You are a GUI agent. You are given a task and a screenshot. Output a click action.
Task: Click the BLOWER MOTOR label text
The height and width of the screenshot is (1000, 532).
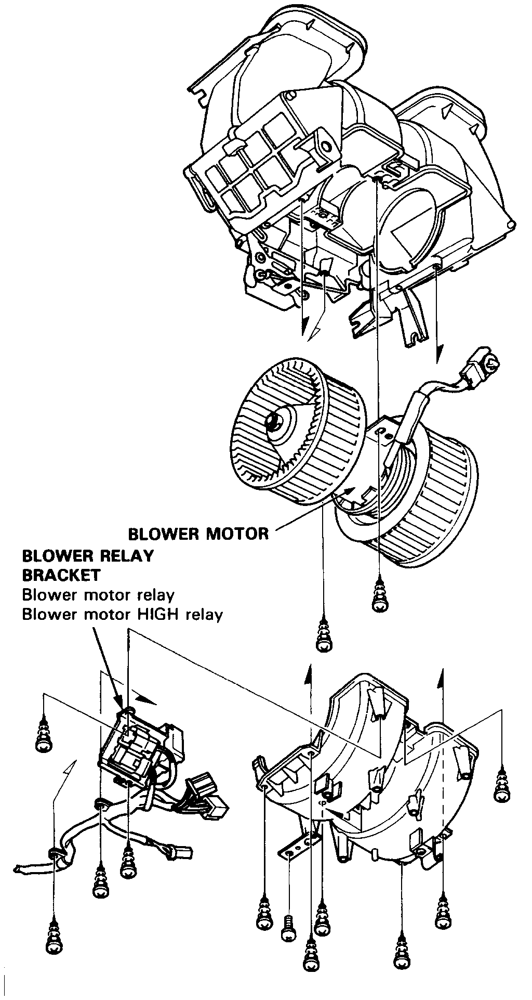[x=198, y=534]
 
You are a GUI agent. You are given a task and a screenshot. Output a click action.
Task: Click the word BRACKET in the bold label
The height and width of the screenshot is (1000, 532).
[x=61, y=575]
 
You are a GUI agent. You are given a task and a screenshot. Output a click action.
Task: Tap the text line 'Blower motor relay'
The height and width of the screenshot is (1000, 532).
[x=98, y=595]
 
